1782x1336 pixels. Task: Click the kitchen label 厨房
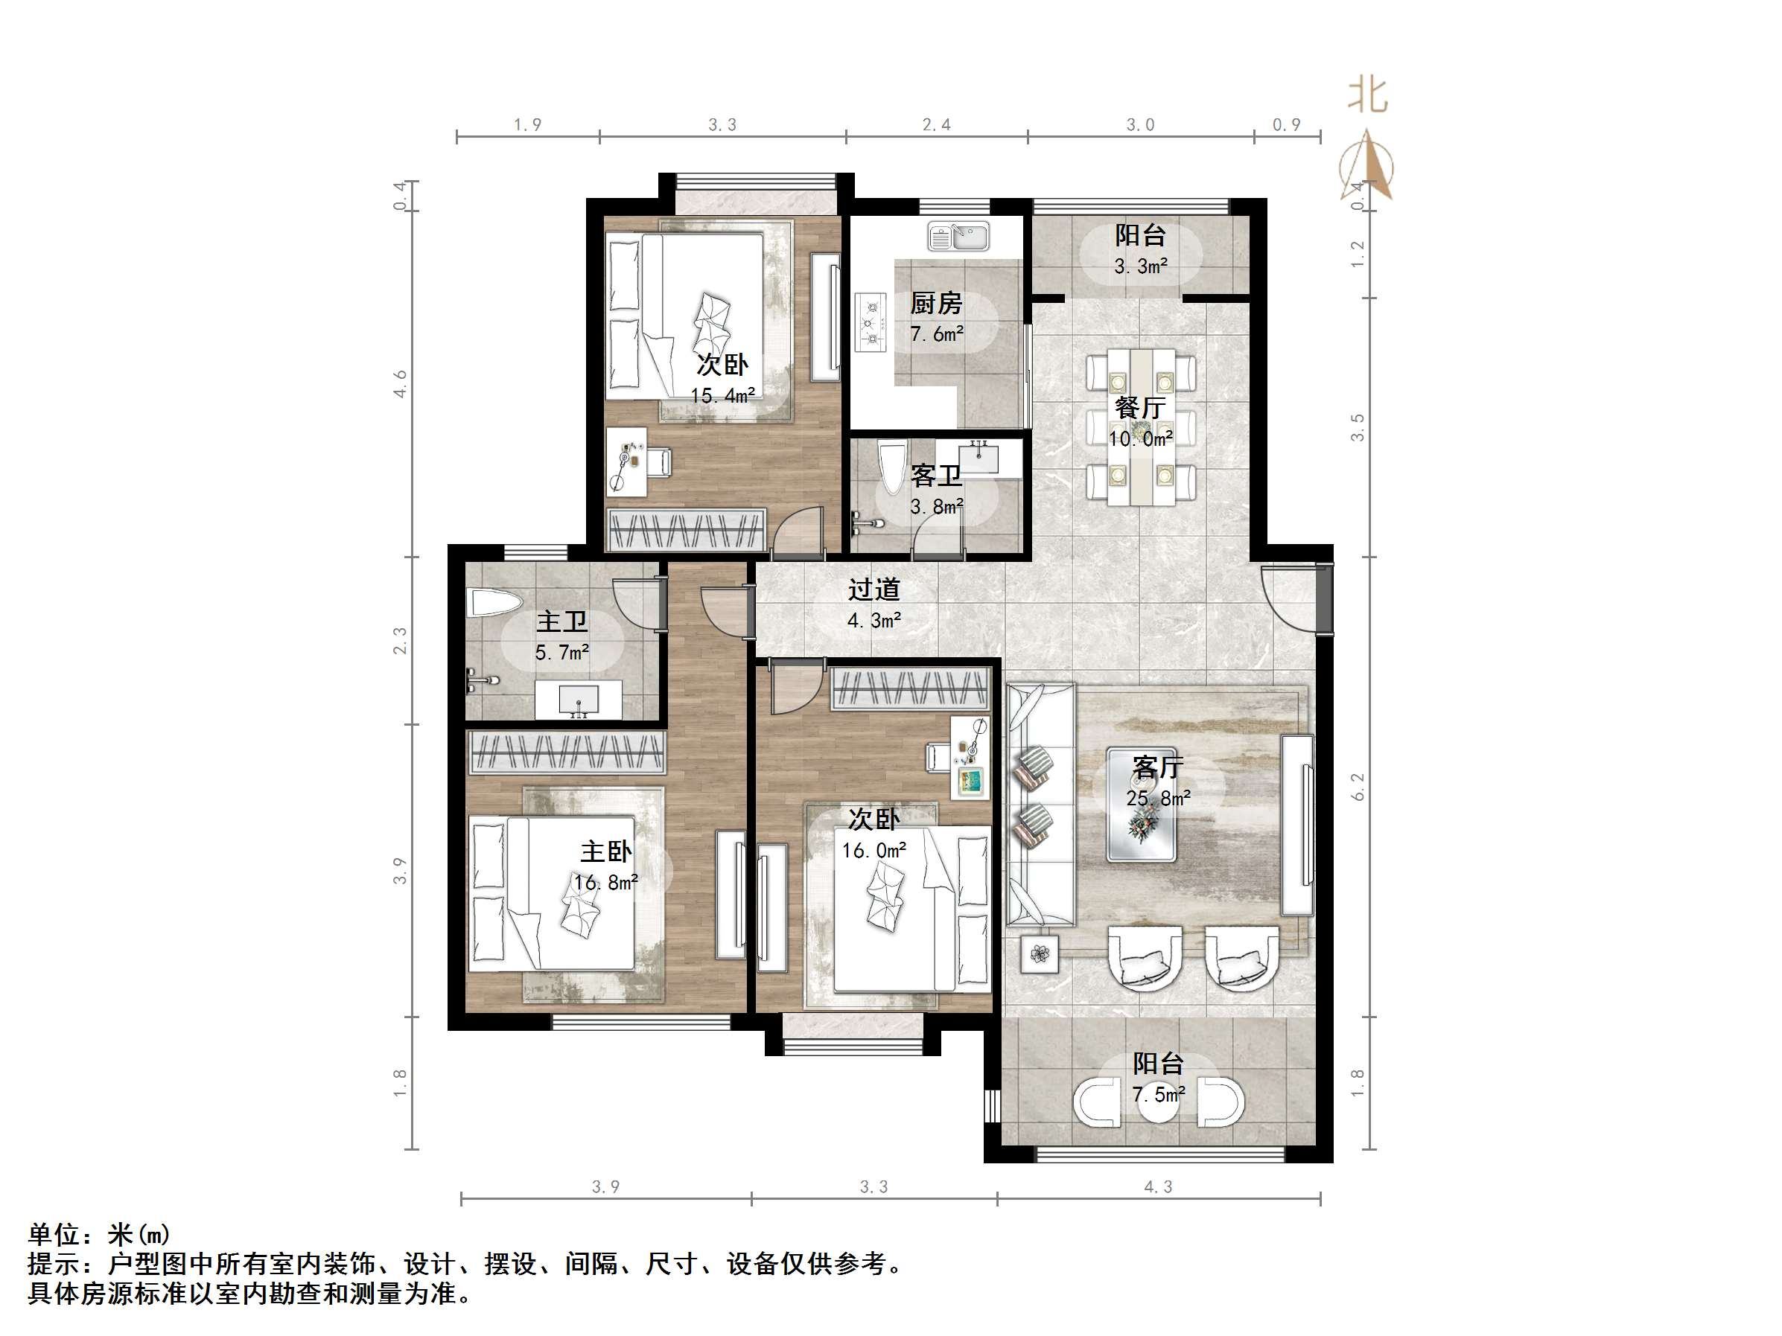pos(936,304)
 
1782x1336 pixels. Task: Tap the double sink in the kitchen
pos(958,237)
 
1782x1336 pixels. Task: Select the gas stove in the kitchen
pos(871,323)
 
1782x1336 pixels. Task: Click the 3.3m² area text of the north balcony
pos(1141,266)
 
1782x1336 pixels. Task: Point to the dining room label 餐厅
pos(1140,407)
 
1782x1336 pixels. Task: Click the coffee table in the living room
pos(1141,805)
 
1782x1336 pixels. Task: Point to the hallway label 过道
pos(874,590)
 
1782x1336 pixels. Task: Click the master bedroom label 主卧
pos(606,852)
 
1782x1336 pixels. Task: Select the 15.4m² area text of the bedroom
pos(722,395)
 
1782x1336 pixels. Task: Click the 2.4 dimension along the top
pos(936,125)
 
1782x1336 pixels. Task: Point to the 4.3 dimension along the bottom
pos(1158,1186)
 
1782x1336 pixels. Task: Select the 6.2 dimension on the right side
pos(1358,786)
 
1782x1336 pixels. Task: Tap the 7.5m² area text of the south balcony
pos(1159,1094)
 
